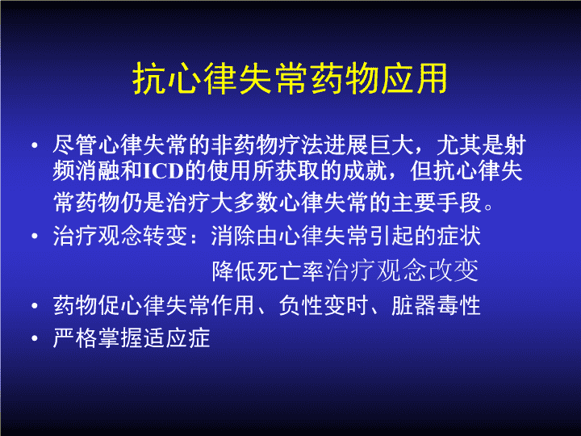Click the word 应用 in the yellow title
[x=414, y=78]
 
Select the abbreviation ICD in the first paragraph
[x=164, y=171]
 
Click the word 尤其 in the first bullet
[x=458, y=145]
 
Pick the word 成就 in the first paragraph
[x=365, y=171]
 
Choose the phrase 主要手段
[x=437, y=203]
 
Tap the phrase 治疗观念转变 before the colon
[x=120, y=236]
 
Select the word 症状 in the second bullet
[x=459, y=236]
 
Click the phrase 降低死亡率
[x=268, y=271]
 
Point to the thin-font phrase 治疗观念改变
[x=402, y=271]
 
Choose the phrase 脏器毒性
[x=436, y=305]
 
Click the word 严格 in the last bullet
[x=75, y=337]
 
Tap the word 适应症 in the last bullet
[x=177, y=337]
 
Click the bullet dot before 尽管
[x=35, y=145]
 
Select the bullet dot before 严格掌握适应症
[x=35, y=338]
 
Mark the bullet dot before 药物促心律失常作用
[x=35, y=306]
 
